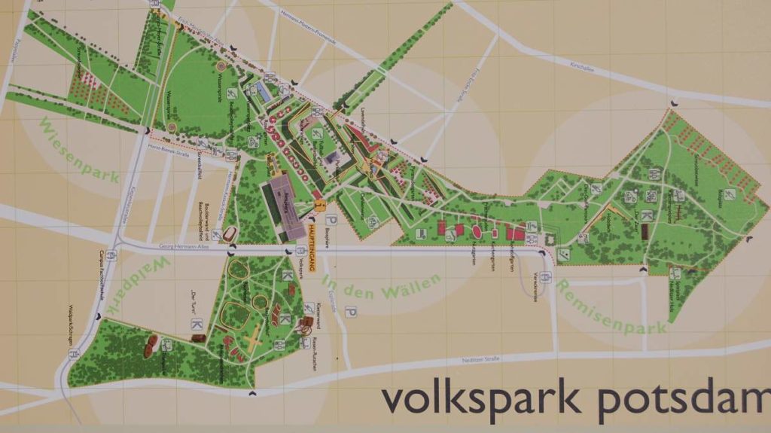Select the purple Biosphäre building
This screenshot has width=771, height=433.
pos(281,197)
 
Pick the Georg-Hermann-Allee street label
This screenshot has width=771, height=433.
pos(181,245)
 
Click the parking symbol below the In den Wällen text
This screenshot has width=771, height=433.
pos(350,312)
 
